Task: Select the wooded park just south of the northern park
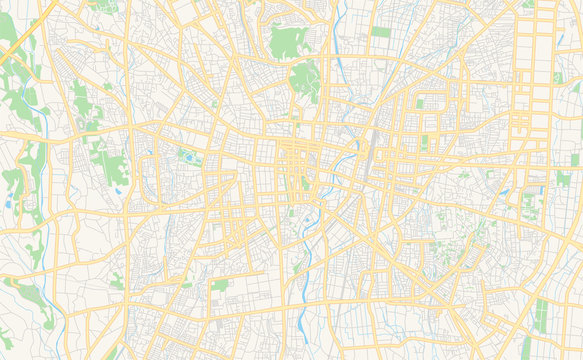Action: pyautogui.click(x=305, y=80)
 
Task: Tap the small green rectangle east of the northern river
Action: pyautogui.click(x=380, y=32)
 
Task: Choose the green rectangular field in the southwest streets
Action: pyautogui.click(x=220, y=284)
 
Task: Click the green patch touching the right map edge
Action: pyautogui.click(x=575, y=159)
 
